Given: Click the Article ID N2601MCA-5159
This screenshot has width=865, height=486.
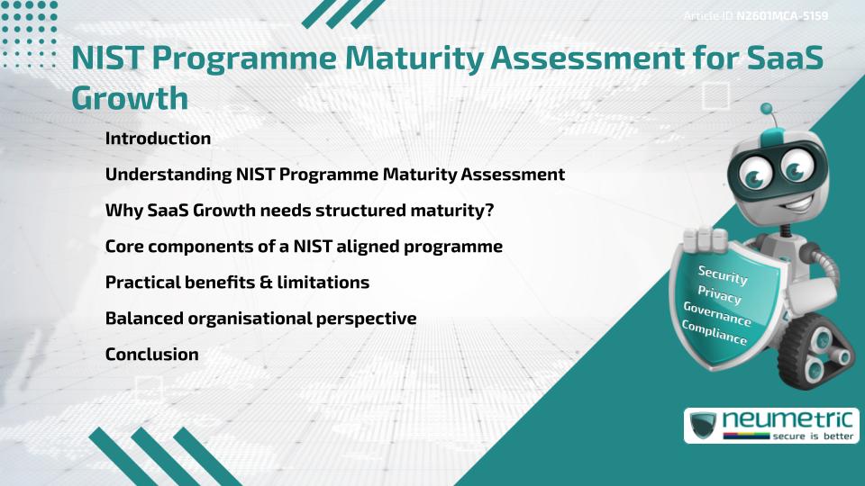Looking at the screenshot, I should [756, 15].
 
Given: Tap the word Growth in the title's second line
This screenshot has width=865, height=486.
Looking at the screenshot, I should [130, 98].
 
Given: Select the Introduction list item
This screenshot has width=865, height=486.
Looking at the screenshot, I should [158, 139].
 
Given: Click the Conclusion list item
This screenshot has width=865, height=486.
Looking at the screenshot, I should [151, 354].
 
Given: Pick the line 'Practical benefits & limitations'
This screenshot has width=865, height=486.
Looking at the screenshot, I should [237, 282].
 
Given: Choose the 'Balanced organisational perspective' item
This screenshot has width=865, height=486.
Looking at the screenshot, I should [260, 318].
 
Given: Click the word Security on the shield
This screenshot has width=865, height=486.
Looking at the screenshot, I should [723, 274].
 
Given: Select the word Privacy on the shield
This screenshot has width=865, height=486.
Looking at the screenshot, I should [719, 294].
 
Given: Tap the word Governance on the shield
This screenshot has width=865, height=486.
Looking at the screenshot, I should [717, 314].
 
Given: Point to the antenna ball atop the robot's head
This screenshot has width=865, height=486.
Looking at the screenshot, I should [767, 109].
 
